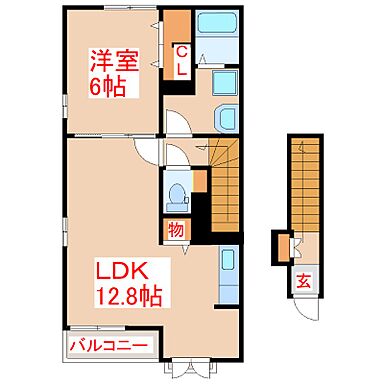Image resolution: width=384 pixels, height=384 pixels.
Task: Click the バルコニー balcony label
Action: (x=110, y=348)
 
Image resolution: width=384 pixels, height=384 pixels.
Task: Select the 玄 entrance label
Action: (x=302, y=282)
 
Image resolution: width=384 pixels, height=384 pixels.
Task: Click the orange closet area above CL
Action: (x=176, y=24)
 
